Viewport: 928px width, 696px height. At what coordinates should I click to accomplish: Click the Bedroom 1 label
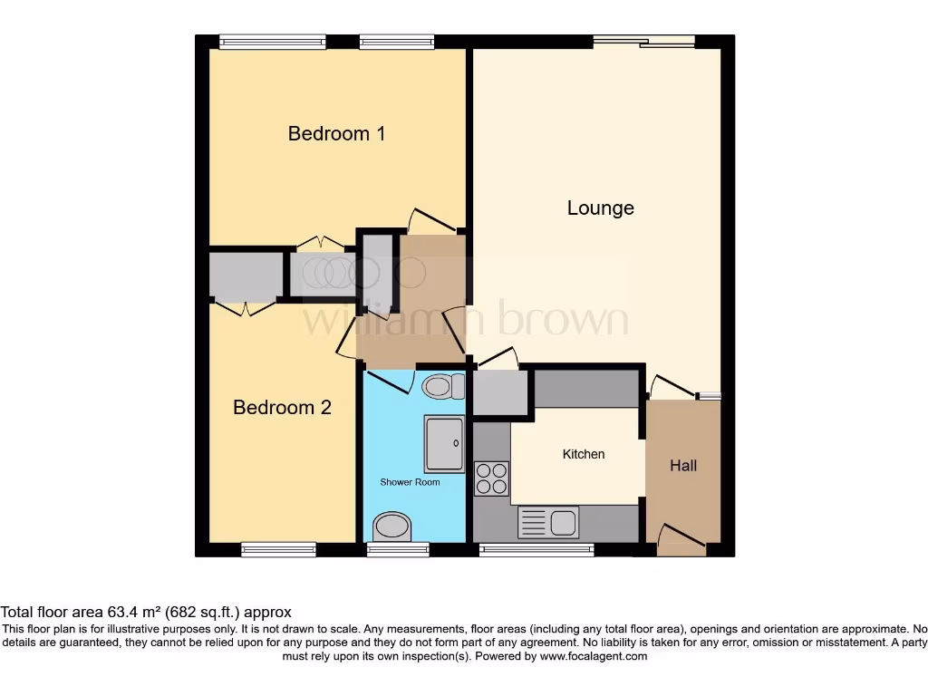[336, 134]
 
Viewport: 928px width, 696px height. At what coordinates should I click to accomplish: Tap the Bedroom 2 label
[282, 408]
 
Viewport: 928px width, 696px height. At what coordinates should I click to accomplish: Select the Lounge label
[600, 208]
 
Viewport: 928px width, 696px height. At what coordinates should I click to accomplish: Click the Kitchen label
[584, 454]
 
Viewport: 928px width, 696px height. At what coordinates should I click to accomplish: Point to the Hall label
[683, 466]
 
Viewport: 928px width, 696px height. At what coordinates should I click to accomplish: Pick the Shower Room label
[410, 482]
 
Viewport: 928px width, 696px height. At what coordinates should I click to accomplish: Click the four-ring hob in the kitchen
[491, 478]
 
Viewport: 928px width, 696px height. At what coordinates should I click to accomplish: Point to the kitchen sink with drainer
[548, 523]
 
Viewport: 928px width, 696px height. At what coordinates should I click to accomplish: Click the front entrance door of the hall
[681, 541]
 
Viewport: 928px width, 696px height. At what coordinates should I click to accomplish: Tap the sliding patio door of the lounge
[643, 41]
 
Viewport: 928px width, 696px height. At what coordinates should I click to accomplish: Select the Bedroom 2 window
[278, 549]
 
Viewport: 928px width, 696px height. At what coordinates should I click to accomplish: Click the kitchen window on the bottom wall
[536, 549]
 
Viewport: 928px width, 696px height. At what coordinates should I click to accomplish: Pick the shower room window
[398, 549]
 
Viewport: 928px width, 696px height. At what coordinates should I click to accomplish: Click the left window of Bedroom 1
[272, 41]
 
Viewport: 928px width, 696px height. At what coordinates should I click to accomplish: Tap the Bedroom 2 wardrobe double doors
[245, 308]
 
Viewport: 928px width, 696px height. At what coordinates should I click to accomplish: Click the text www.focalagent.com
[594, 656]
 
